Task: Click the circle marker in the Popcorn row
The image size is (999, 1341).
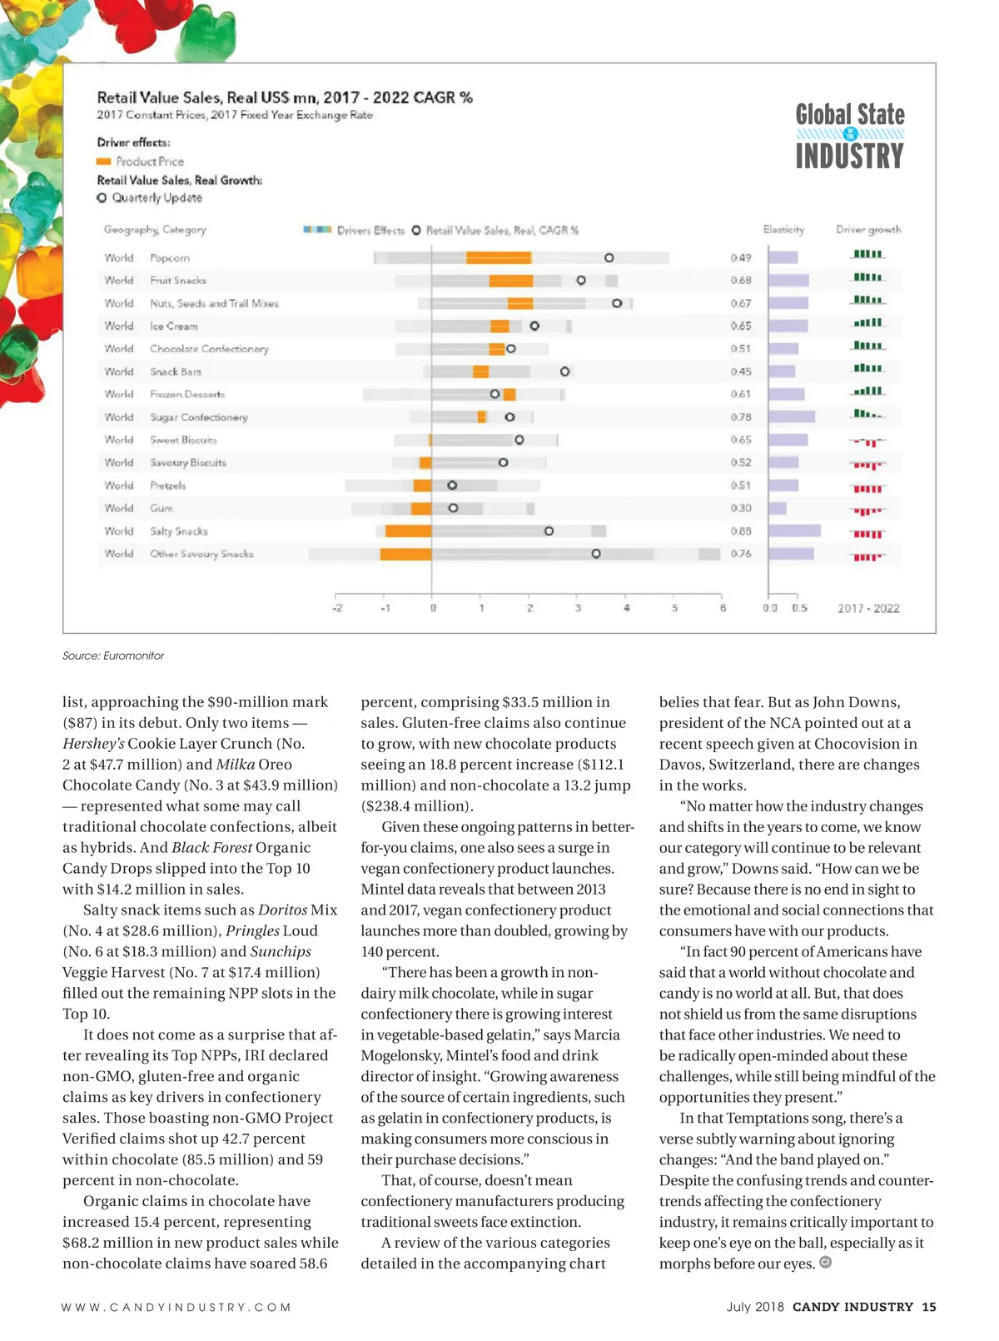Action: point(609,258)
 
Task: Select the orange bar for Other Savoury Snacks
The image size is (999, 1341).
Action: point(406,554)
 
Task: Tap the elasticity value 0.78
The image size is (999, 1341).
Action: point(741,417)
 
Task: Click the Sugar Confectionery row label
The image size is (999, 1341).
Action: point(198,417)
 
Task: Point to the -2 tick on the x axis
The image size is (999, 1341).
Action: point(336,609)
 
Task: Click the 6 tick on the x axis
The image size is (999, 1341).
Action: point(723,609)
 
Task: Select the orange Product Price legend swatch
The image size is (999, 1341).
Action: point(104,162)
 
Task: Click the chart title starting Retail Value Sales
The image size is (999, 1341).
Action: point(285,97)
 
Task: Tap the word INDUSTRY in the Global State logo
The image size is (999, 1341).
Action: point(849,157)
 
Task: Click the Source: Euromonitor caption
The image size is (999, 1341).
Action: point(113,656)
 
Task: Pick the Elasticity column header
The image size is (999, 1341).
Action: point(783,230)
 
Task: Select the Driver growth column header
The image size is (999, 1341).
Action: point(868,230)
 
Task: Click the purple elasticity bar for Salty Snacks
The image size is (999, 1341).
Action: point(794,531)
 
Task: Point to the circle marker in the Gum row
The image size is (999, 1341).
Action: point(453,508)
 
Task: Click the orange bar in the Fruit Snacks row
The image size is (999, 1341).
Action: point(511,281)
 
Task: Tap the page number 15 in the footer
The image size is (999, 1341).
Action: point(929,1307)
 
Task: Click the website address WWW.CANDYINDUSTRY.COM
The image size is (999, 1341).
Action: point(176,1308)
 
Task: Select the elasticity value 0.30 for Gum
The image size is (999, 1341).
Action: point(741,508)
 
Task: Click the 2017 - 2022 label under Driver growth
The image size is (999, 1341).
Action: point(868,609)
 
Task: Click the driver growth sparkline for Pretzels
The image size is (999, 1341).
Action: point(867,486)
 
